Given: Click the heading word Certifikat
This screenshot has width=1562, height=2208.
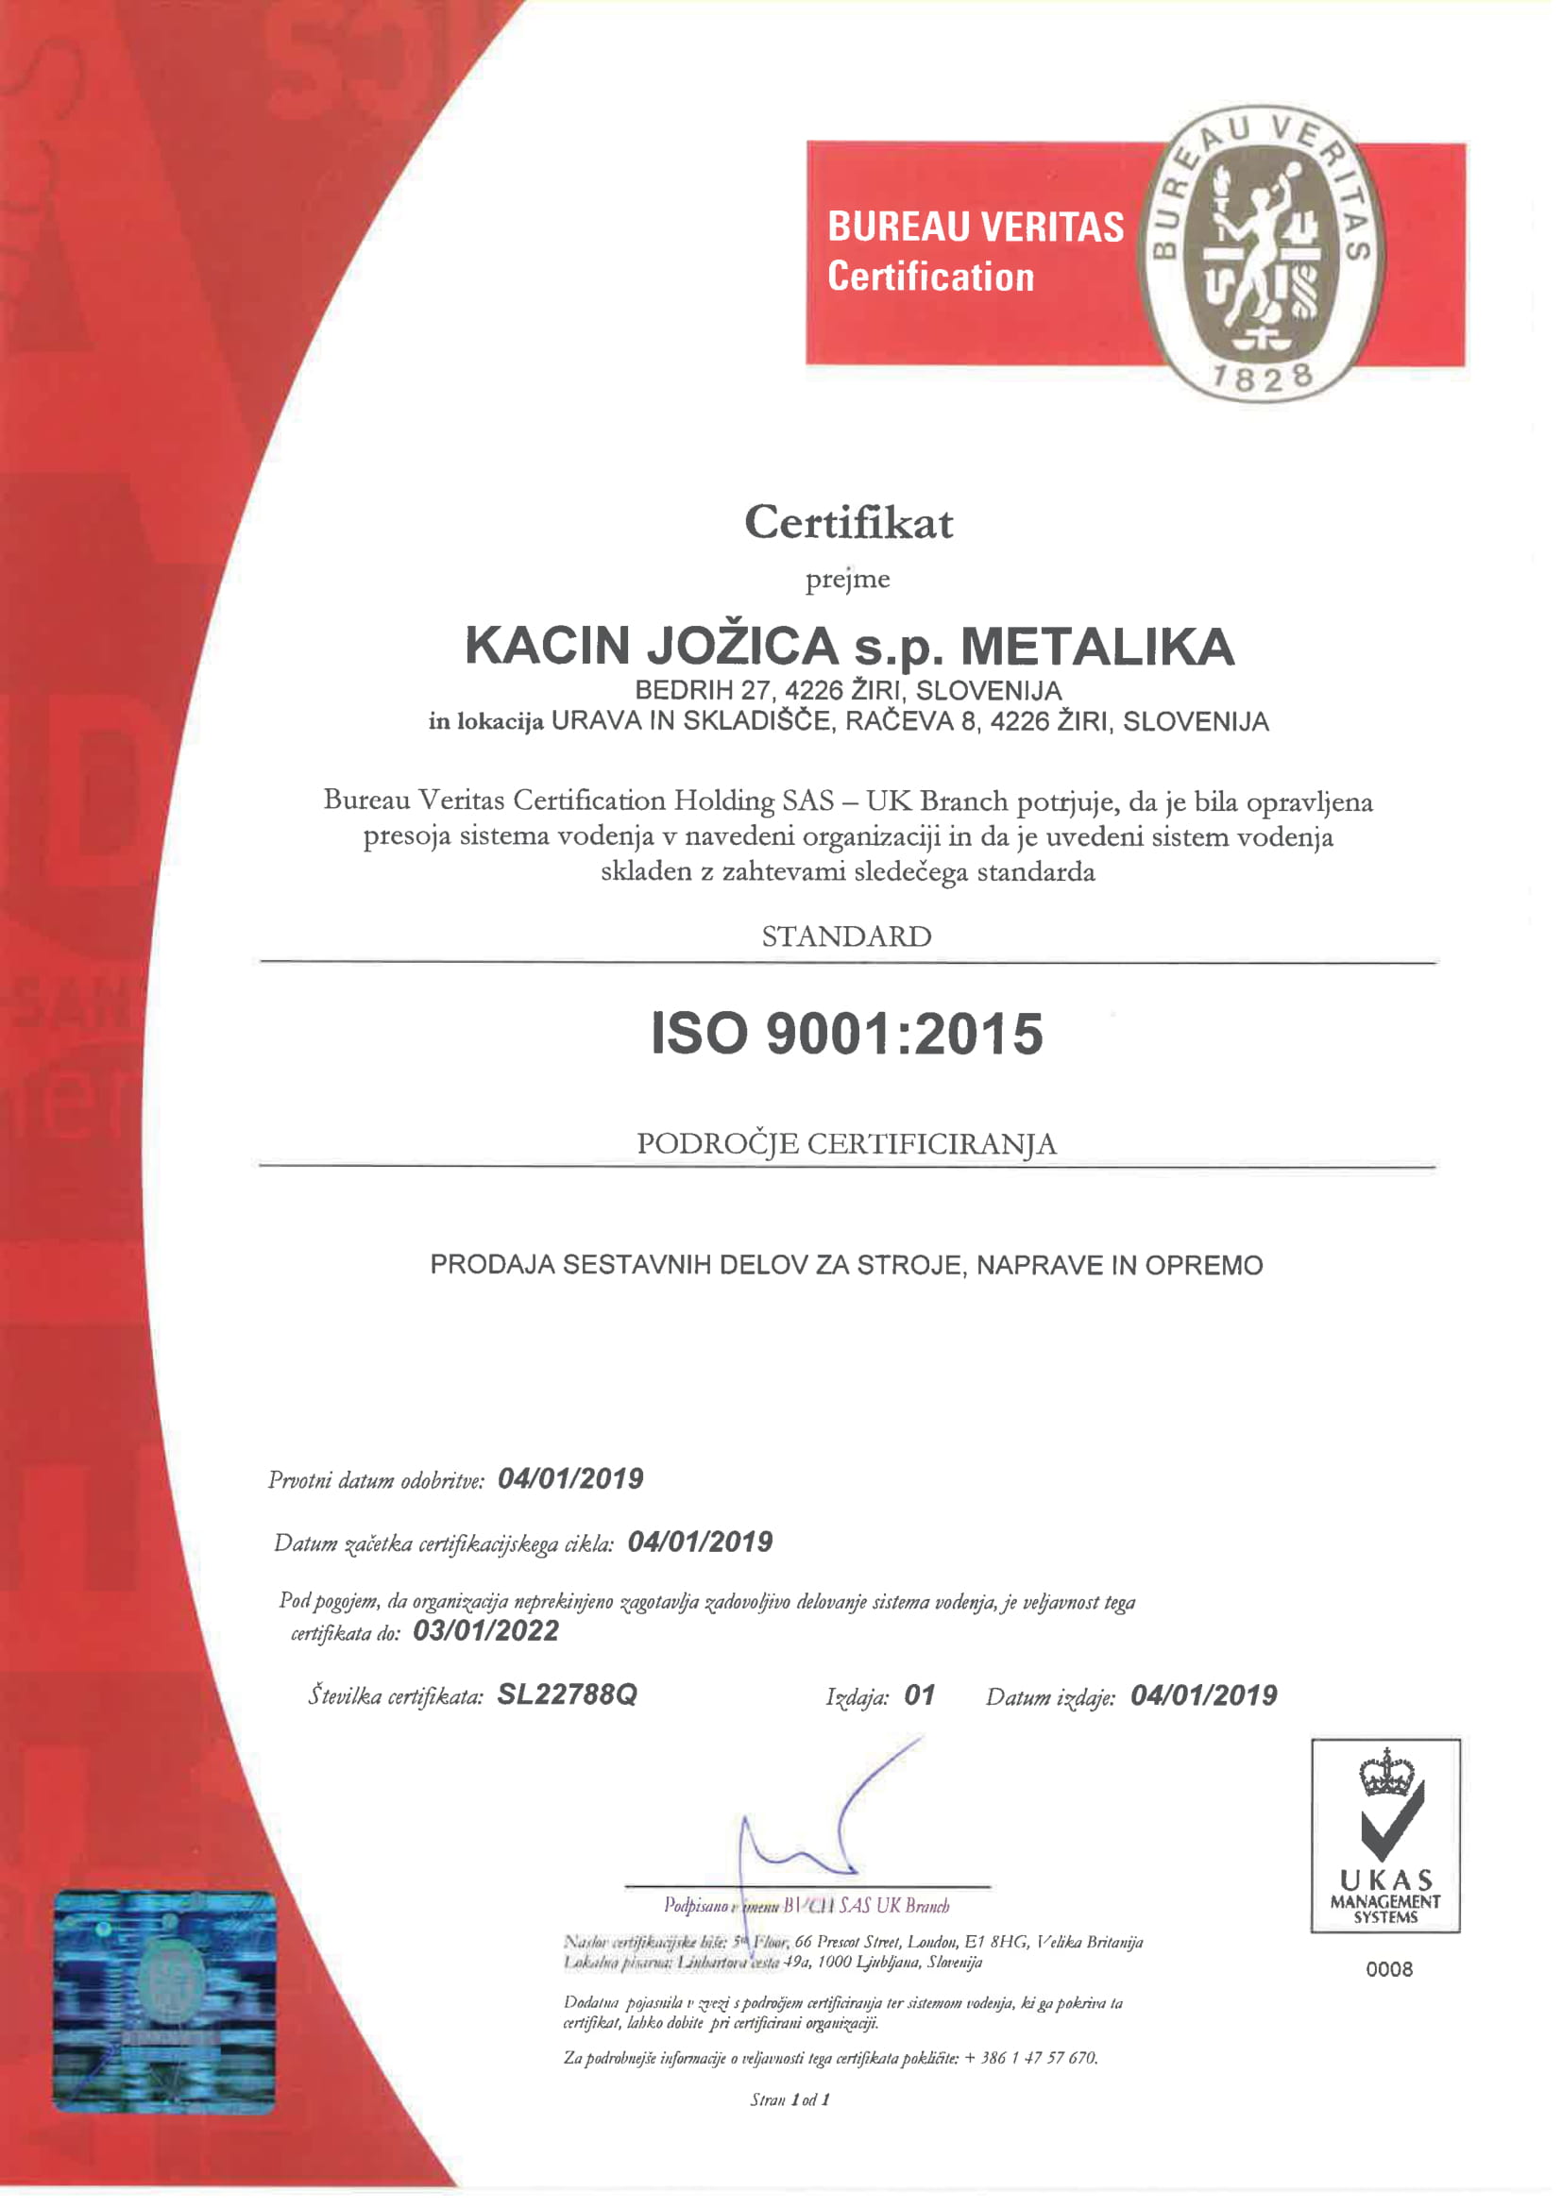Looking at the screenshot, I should [848, 523].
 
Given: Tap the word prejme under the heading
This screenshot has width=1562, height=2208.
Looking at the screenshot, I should [847, 580].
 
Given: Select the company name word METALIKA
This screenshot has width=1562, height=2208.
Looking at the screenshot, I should [1097, 647].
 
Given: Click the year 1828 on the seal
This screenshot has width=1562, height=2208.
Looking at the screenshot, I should [1261, 377].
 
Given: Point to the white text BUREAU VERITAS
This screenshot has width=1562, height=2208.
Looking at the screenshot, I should [976, 227].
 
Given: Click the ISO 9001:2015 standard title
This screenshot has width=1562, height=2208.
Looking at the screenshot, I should [846, 1034].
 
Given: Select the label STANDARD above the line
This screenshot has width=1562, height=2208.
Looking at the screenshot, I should [846, 936].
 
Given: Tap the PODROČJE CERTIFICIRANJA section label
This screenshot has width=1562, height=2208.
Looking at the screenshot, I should [846, 1143].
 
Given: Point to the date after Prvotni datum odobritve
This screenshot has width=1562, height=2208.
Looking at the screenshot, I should [570, 1478].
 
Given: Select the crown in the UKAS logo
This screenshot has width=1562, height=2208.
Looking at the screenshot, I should [1386, 1776].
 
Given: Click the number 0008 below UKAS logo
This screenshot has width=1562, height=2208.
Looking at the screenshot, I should [1389, 1969].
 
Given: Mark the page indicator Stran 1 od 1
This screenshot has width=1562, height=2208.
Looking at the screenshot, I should [789, 2100].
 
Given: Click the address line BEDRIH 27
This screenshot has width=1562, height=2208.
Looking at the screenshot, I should [847, 690].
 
